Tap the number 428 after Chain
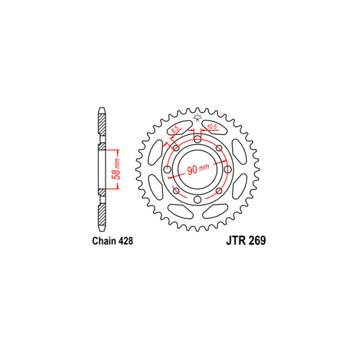coord(126,241)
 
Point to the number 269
coord(257,240)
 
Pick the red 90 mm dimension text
coord(198,169)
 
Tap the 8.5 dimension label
coord(175,130)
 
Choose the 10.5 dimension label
coord(212,126)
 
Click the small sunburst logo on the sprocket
coord(197,117)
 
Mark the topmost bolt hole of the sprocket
coord(198,138)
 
